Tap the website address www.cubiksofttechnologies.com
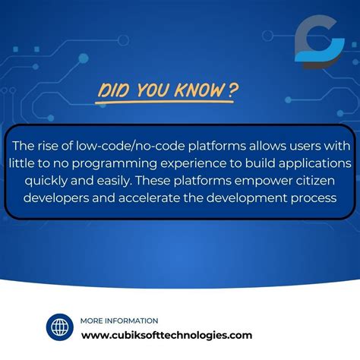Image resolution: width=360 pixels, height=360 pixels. (166, 335)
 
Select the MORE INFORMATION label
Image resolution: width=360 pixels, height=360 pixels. (119, 321)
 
